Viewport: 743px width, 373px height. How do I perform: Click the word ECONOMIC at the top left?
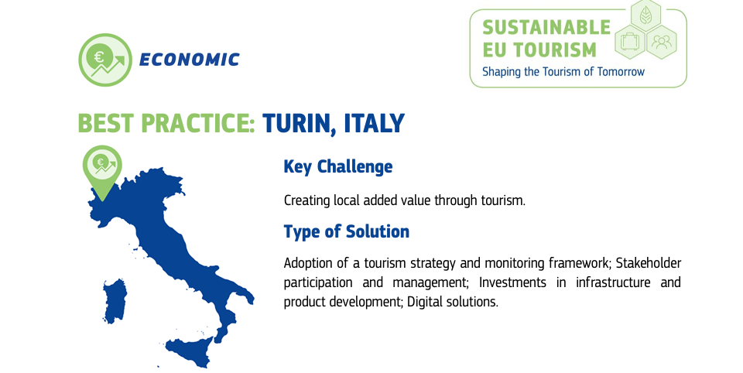189,60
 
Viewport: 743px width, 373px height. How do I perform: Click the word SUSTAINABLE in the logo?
546,28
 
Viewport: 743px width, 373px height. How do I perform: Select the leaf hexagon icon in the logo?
644,15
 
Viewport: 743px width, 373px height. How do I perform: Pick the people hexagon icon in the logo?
662,42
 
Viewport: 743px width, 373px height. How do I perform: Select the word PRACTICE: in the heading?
200,123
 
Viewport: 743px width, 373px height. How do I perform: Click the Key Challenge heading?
337,166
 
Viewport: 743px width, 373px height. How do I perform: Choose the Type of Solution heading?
346,231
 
